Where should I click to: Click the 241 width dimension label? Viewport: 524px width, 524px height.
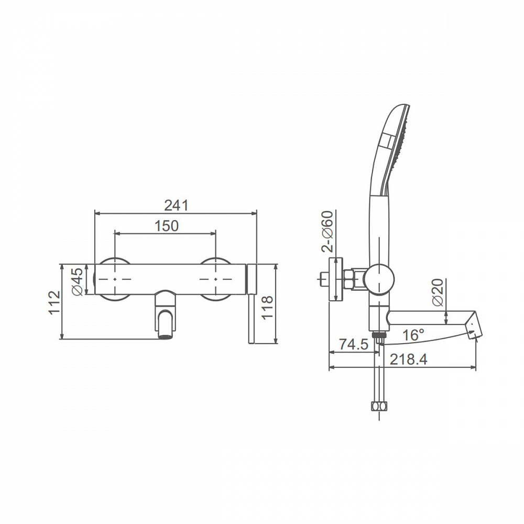(x=176, y=205)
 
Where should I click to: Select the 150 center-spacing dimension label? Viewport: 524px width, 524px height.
(x=167, y=226)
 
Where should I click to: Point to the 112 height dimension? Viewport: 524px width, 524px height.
(x=54, y=302)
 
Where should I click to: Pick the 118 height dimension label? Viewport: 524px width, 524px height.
(x=267, y=308)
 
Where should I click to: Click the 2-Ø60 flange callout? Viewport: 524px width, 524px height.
(x=327, y=231)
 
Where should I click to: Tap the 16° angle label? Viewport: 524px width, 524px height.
(x=413, y=334)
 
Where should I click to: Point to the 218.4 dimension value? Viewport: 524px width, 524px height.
(x=409, y=359)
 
